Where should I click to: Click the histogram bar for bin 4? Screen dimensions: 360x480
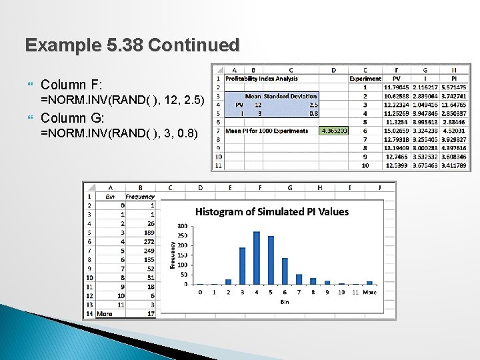(256, 258)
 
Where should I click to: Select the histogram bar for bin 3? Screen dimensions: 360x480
(242, 266)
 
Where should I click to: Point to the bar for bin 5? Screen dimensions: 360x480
(271, 260)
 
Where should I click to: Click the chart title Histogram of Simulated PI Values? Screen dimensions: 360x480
(272, 211)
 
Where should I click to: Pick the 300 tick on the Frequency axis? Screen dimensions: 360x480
(181, 227)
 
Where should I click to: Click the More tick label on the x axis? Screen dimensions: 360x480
(369, 292)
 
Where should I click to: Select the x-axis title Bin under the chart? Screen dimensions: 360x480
(285, 302)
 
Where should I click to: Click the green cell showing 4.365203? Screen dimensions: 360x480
(334, 131)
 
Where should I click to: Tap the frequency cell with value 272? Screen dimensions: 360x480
(147, 241)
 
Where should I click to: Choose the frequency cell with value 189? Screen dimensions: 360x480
(147, 232)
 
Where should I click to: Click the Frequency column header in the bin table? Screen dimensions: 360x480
(140, 197)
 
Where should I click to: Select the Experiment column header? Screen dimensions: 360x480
(365, 79)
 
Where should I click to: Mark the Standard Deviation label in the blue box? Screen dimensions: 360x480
(290, 96)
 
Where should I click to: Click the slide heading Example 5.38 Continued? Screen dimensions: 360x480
(132, 45)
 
